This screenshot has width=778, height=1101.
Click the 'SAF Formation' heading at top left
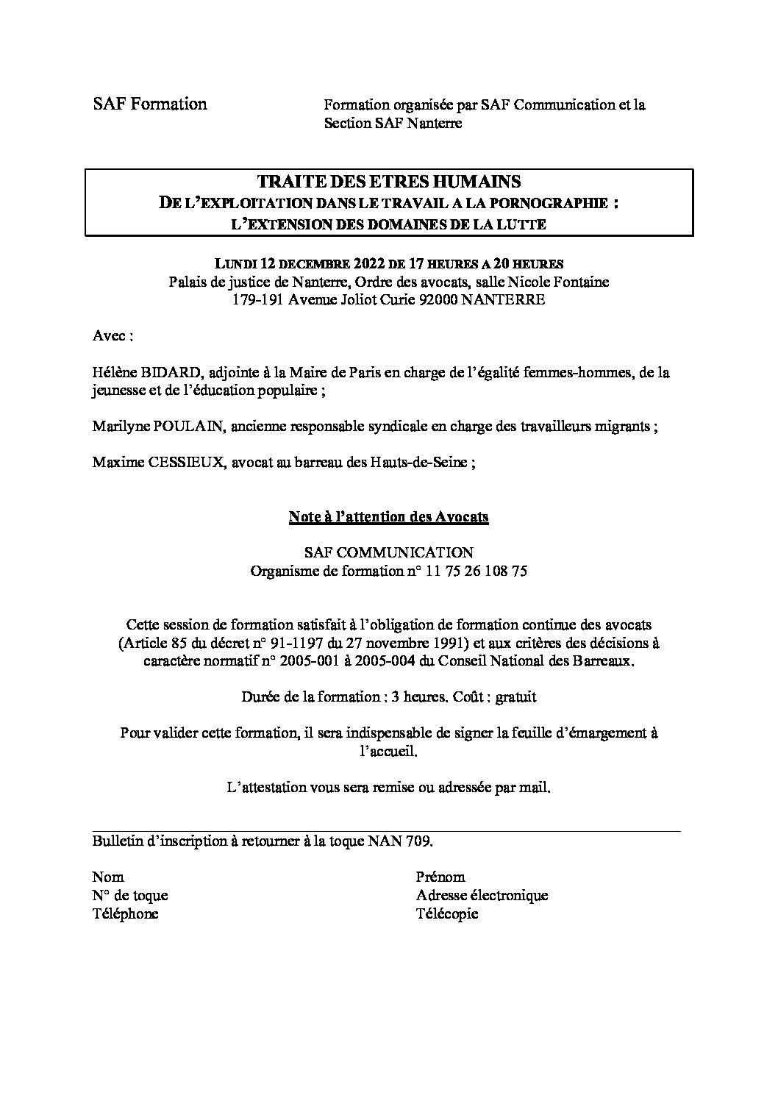coord(149,104)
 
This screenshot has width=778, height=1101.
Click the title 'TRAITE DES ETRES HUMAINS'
coord(388,182)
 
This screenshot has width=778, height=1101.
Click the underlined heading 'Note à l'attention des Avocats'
coord(388,517)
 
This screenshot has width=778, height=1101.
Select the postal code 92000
coord(437,300)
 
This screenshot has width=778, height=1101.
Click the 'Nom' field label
coord(107,877)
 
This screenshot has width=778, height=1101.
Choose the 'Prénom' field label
coord(440,877)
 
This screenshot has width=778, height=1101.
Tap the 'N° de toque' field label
coord(130,895)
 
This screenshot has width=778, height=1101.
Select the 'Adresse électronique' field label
coord(482,895)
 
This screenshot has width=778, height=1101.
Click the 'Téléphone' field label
coord(125,913)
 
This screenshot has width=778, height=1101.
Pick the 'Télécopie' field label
coord(446,913)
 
